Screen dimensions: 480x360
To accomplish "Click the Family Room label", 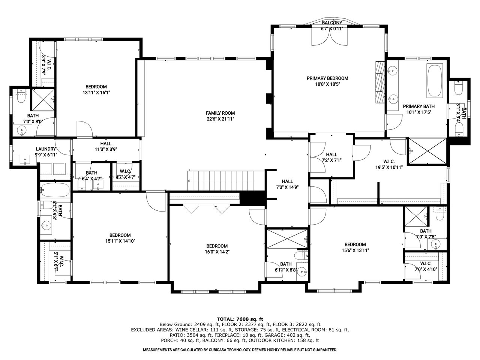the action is click(220, 116).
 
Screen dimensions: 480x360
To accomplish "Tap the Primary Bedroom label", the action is click(327, 81).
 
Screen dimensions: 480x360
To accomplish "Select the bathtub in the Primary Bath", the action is click(435, 80).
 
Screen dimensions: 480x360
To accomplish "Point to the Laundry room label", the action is click(46, 152).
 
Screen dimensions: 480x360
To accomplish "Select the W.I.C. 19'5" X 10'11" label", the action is click(389, 164).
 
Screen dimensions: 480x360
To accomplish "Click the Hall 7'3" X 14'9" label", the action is click(287, 184).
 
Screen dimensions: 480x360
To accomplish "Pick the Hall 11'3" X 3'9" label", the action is click(106, 147).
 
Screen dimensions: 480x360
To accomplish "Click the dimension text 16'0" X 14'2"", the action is click(217, 252).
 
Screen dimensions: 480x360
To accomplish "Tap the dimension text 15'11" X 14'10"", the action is click(120, 241).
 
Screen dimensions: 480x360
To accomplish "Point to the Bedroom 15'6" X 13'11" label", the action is click(355, 247).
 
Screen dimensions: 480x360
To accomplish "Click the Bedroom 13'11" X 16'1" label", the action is click(96, 90).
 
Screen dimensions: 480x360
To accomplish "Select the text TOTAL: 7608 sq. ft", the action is click(240, 319).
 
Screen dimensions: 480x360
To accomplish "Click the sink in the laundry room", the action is click(25, 159).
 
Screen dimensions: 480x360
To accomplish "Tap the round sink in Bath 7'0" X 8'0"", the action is click(22, 130).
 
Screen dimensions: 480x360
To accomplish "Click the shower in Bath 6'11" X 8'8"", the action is click(287, 239).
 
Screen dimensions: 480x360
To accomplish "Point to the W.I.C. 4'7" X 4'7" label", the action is click(126, 174).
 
